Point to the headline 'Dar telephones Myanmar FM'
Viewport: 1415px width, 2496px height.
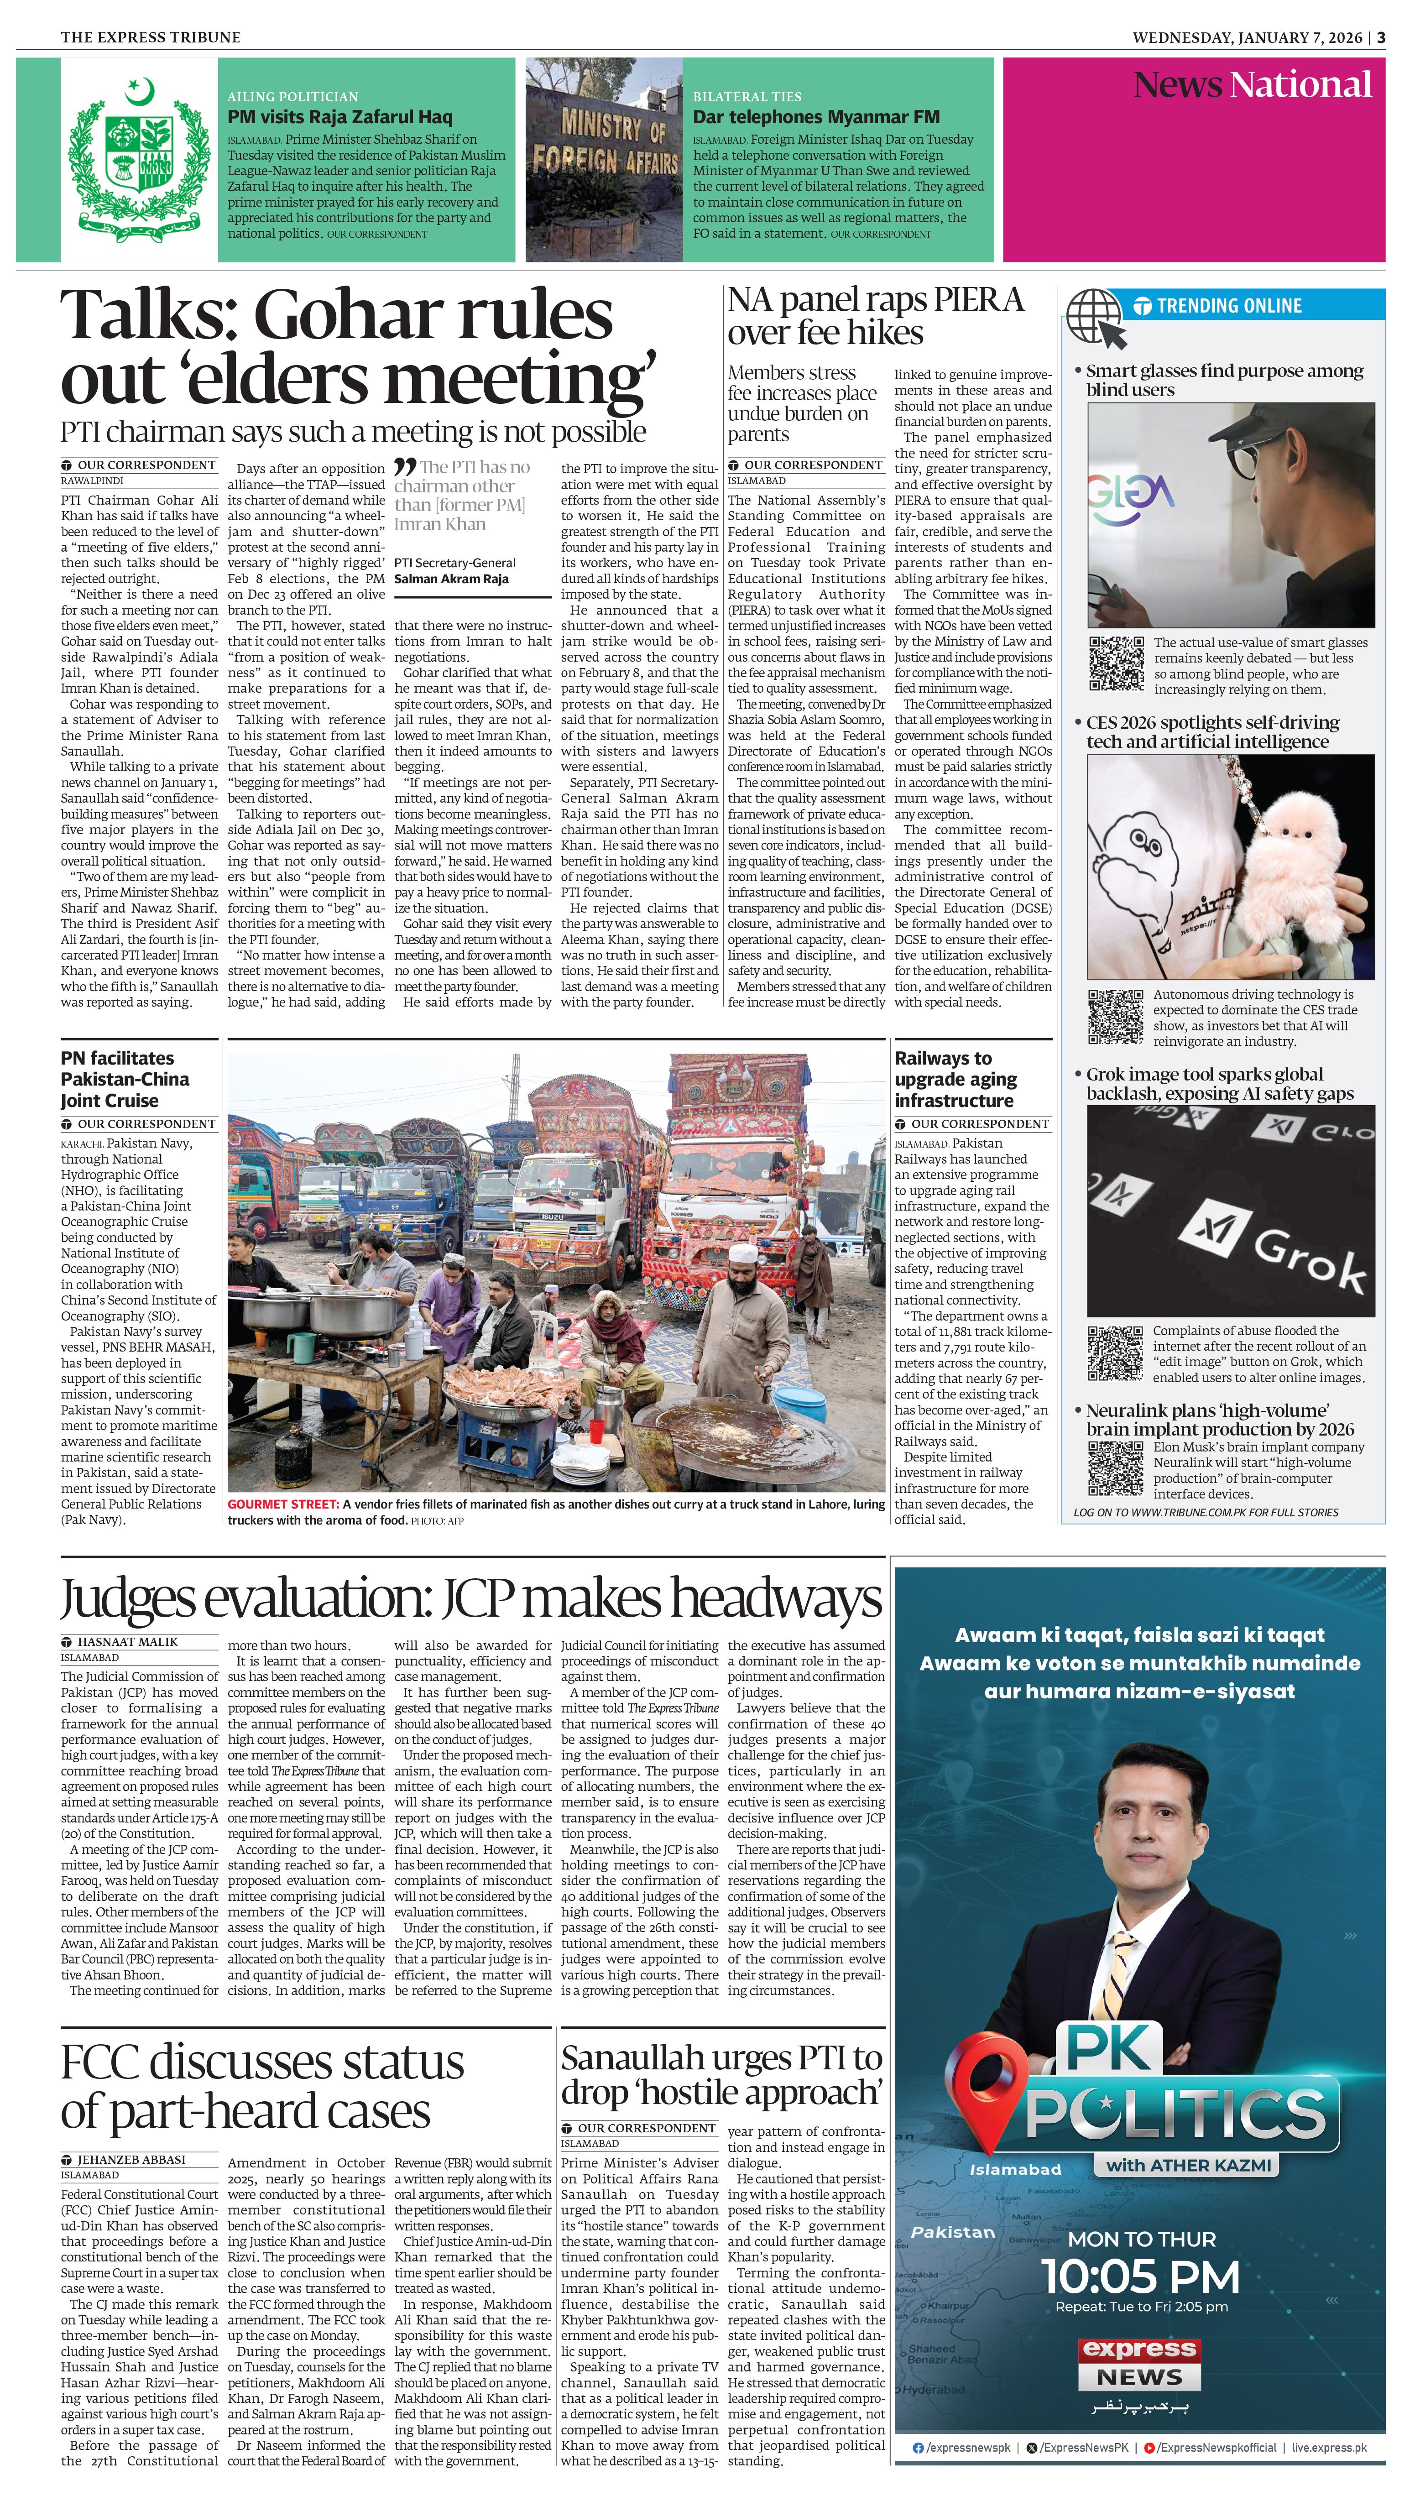815,117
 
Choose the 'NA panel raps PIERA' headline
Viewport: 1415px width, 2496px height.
875,316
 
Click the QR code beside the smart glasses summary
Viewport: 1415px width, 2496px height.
1116,663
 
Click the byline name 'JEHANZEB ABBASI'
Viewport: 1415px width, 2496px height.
131,2159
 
